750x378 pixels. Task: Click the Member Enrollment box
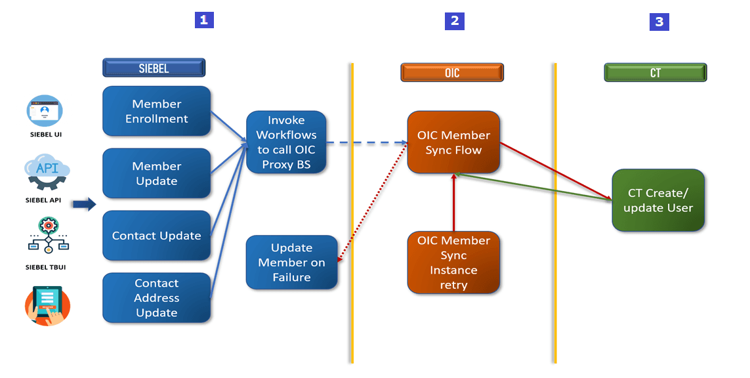pyautogui.click(x=156, y=111)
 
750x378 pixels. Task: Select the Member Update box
pyautogui.click(x=156, y=173)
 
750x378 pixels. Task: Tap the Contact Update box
pyautogui.click(x=156, y=236)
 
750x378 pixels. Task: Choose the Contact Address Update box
pyautogui.click(x=156, y=298)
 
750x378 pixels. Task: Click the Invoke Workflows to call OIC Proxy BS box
pyautogui.click(x=286, y=142)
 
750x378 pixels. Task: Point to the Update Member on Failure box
pyautogui.click(x=291, y=262)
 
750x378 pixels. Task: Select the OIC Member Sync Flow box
pyautogui.click(x=453, y=142)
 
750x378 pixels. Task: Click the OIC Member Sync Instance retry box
pyautogui.click(x=453, y=262)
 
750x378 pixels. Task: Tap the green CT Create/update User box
pyautogui.click(x=658, y=200)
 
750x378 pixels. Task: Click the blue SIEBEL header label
pyautogui.click(x=154, y=68)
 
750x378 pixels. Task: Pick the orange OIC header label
pyautogui.click(x=452, y=72)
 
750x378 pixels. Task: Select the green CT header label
pyautogui.click(x=656, y=72)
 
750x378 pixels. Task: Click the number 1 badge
pyautogui.click(x=204, y=20)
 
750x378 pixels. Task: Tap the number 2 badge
pyautogui.click(x=454, y=21)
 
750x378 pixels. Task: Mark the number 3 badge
pyautogui.click(x=659, y=22)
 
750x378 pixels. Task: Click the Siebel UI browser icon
pyautogui.click(x=45, y=111)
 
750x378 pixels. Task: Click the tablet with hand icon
pyautogui.click(x=47, y=305)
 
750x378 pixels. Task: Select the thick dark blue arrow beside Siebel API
pyautogui.click(x=83, y=205)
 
